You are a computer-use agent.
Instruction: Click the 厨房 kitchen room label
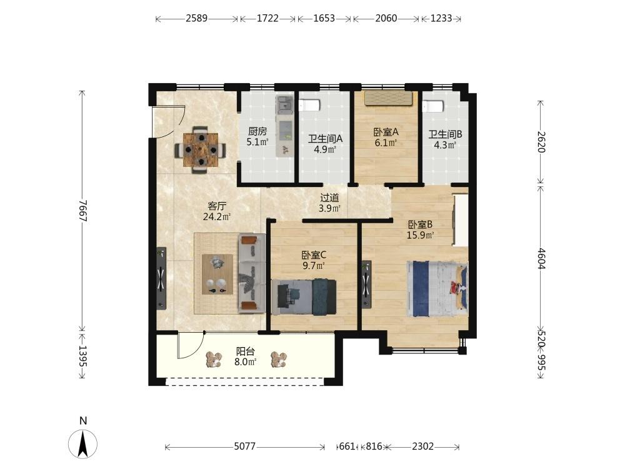coord(257,131)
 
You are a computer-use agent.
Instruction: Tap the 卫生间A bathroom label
coord(325,139)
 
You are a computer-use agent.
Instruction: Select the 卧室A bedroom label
coord(386,131)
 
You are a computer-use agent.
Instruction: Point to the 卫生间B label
coord(445,134)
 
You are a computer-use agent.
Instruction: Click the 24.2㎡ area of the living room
coord(217,216)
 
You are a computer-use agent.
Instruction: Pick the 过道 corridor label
coord(329,198)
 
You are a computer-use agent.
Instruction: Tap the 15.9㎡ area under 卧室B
coord(420,235)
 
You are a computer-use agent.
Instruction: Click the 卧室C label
coord(314,255)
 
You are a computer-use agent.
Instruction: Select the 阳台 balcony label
coord(245,351)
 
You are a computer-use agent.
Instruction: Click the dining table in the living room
coord(201,149)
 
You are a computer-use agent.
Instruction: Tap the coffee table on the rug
coord(217,274)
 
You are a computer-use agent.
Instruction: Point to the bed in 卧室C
coord(304,296)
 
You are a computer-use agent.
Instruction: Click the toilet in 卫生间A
coord(310,105)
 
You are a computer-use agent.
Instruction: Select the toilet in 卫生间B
coord(433,106)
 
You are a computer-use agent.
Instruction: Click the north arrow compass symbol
coord(83,444)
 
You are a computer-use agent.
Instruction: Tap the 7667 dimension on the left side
coord(82,211)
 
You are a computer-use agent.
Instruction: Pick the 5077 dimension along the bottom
coord(245,446)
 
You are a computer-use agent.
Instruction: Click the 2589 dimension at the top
coord(196,18)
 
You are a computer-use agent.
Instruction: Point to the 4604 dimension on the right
coord(541,258)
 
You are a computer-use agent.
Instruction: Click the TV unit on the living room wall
coord(161,278)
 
